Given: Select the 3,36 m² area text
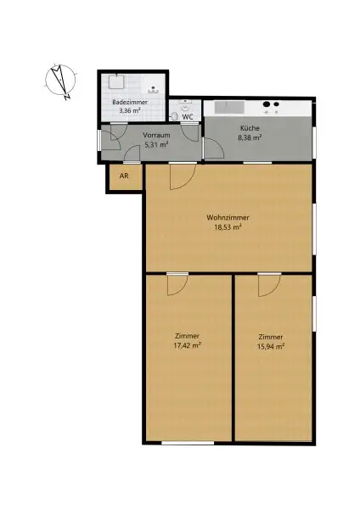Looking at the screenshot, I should pos(130,111).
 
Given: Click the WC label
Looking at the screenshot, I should pos(188,116).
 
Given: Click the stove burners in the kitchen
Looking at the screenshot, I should pos(271,107).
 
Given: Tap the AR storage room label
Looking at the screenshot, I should pos(124,177).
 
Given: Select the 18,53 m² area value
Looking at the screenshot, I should pos(228,227).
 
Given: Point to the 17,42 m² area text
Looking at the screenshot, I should pos(187,345).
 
